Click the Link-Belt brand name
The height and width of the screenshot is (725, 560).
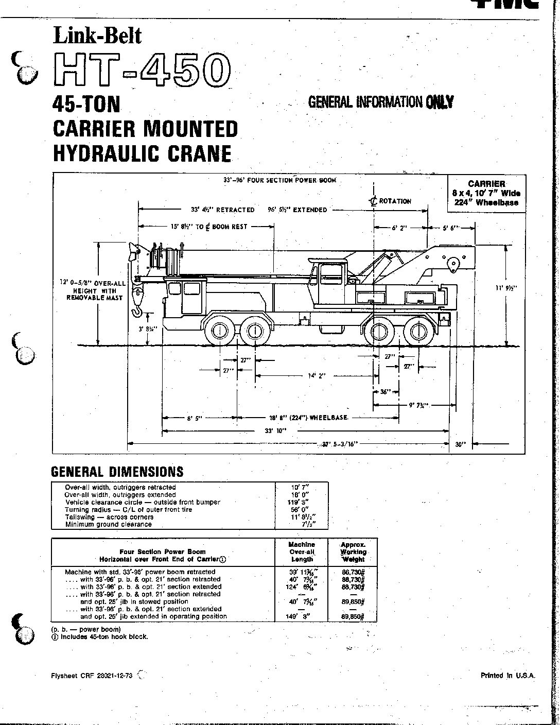pyautogui.click(x=97, y=36)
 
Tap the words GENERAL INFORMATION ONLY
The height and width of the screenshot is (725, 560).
pyautogui.click(x=380, y=102)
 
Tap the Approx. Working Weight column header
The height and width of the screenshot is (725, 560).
pyautogui.click(x=353, y=551)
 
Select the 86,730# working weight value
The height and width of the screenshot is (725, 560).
pyautogui.click(x=353, y=572)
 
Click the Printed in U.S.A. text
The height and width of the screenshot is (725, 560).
pyautogui.click(x=508, y=675)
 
